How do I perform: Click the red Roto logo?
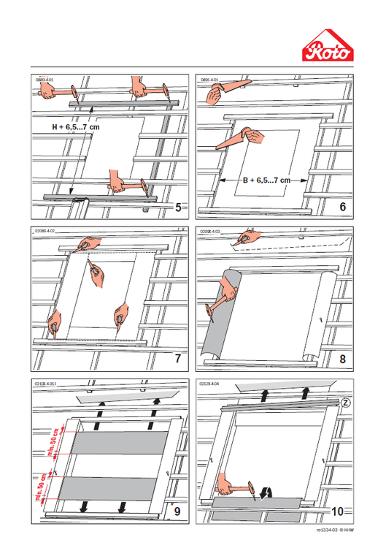pyautogui.click(x=328, y=48)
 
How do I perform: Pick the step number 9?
pyautogui.click(x=178, y=511)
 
